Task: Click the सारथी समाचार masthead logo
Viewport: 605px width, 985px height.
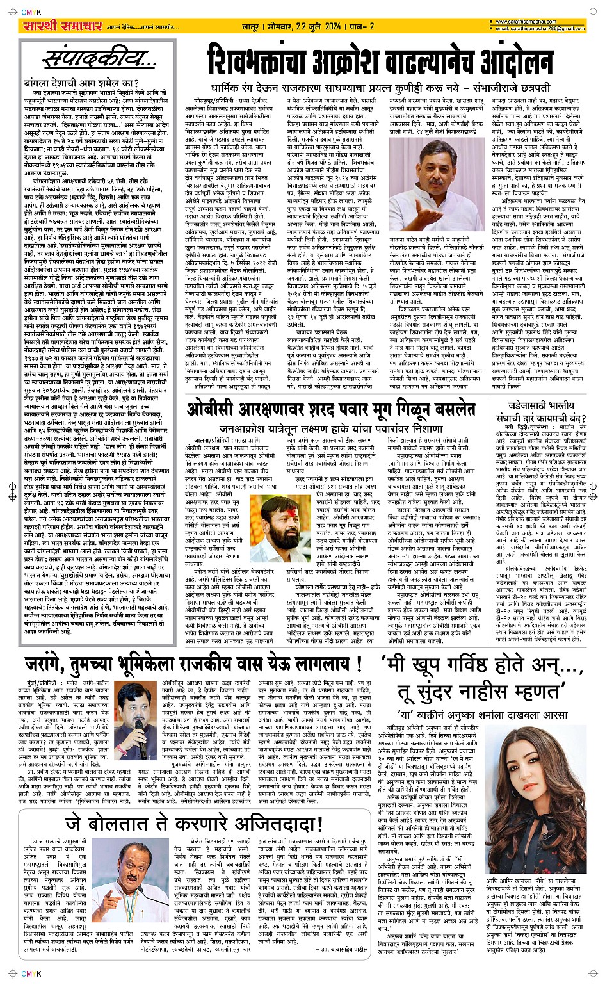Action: tap(54, 26)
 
